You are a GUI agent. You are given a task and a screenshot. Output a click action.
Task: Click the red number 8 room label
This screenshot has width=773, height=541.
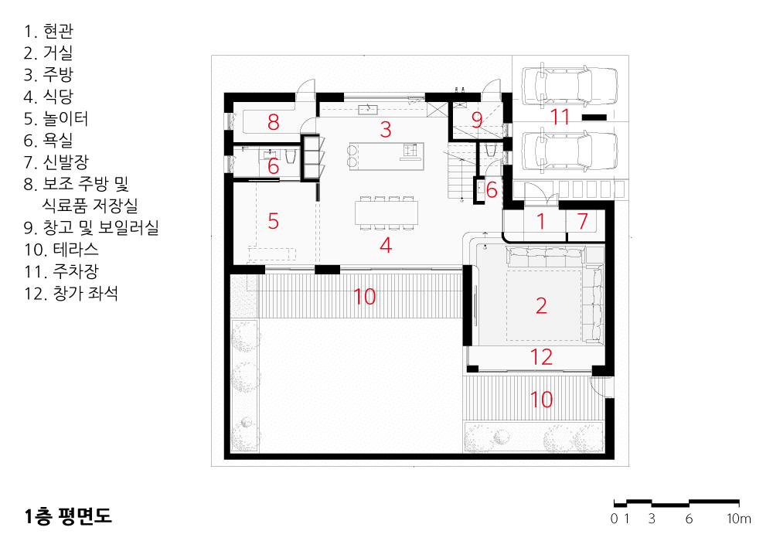(273, 121)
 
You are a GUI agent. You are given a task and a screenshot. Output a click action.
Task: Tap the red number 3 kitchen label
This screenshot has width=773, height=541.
(386, 130)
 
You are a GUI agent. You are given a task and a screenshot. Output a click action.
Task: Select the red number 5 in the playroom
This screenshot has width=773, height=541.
(273, 221)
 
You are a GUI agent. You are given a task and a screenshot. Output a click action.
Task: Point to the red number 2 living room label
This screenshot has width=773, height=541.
(541, 306)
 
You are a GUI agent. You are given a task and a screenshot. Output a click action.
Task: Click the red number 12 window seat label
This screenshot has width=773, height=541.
(541, 357)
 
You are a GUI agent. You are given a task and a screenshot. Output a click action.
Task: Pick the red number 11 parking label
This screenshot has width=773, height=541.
(560, 117)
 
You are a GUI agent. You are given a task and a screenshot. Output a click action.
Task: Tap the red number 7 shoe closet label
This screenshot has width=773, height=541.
(583, 221)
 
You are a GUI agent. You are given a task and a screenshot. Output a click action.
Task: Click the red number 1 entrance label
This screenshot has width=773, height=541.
(541, 221)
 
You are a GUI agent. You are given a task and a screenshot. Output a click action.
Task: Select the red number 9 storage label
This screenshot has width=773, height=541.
(476, 119)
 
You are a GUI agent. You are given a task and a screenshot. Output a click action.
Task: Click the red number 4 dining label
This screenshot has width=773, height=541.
(386, 245)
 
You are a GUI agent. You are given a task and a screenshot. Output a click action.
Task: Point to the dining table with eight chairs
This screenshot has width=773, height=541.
(386, 213)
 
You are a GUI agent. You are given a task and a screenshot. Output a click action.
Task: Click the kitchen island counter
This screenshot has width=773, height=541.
(386, 156)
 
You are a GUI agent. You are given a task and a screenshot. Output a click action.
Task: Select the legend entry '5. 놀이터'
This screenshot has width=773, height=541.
(56, 119)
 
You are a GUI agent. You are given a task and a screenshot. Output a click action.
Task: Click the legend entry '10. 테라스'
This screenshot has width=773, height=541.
(61, 250)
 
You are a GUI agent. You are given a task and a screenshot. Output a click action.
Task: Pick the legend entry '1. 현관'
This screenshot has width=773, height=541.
(48, 31)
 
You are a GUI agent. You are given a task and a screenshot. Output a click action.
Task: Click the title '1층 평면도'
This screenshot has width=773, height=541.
(68, 515)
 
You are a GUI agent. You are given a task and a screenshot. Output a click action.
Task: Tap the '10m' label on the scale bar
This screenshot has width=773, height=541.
(738, 519)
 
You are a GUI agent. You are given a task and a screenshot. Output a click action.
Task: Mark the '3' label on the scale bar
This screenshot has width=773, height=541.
(652, 519)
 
